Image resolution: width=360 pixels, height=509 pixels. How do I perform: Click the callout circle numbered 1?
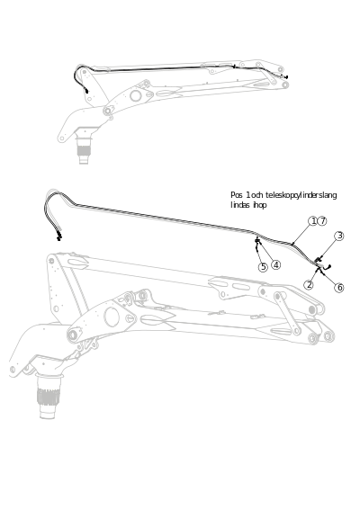[312, 221]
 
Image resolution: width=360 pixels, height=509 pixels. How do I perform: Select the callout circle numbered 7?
[322, 221]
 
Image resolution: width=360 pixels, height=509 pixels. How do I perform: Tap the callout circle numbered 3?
[339, 236]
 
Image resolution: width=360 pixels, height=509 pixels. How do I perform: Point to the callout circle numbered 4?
[275, 265]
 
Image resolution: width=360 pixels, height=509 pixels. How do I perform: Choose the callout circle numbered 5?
[263, 267]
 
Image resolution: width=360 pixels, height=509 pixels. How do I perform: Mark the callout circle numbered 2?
[339, 287]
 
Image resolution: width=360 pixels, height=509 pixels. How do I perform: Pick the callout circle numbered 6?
[309, 285]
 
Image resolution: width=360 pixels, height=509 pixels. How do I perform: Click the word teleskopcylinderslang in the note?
[301, 195]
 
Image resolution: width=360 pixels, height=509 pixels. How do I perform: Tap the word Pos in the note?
[237, 195]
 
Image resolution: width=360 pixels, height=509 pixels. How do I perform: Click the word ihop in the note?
[260, 205]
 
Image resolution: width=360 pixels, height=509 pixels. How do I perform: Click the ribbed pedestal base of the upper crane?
[84, 150]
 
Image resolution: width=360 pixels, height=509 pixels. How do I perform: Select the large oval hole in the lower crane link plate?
[112, 317]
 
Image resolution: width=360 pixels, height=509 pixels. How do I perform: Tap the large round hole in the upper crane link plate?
[136, 96]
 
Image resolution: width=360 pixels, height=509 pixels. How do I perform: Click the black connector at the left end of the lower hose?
[58, 237]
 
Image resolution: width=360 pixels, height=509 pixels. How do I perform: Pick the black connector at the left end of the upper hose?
[86, 91]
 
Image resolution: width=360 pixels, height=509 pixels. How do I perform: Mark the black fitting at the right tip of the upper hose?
[286, 77]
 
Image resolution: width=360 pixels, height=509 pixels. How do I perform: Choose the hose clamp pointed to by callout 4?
[257, 241]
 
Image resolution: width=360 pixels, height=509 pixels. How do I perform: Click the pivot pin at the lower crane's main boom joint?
[73, 335]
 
